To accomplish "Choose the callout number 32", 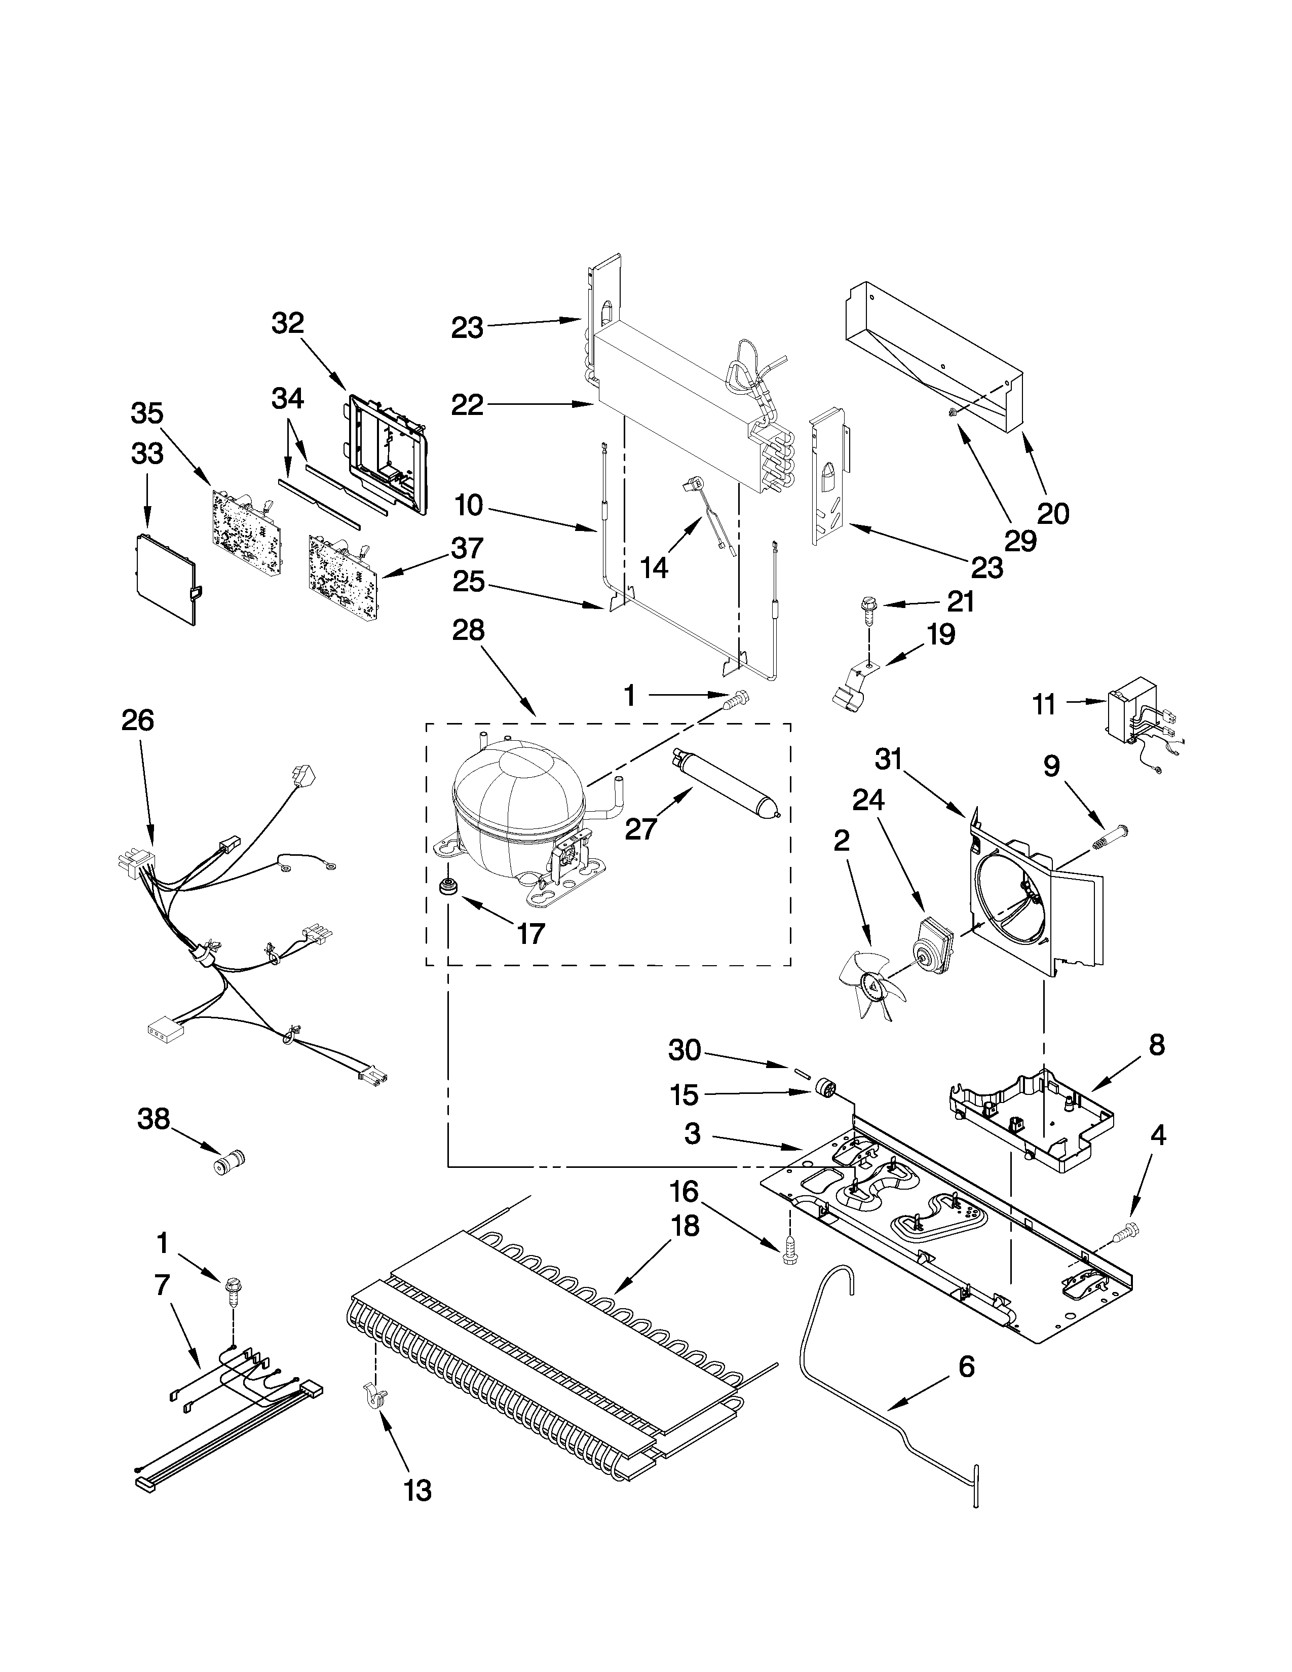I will pyautogui.click(x=288, y=324).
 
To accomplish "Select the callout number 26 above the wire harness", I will pyautogui.click(x=138, y=720).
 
